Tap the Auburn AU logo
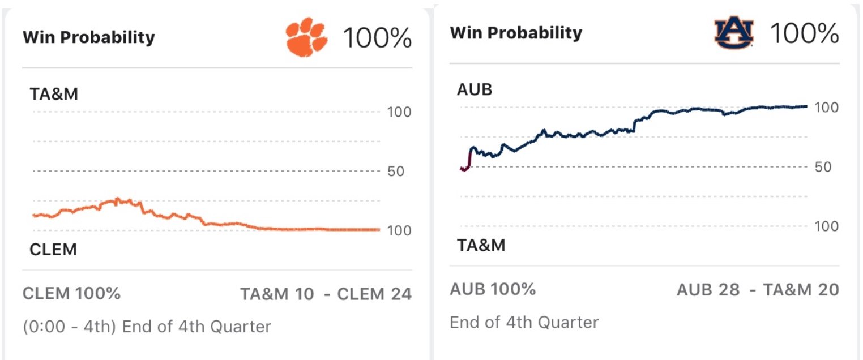tap(734, 34)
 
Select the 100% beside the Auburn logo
tap(804, 35)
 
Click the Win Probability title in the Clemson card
tap(88, 38)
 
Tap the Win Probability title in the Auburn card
tap(516, 33)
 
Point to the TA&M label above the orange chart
tap(54, 94)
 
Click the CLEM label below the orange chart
tap(53, 250)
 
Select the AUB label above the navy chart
tap(475, 89)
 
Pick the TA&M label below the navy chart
tap(481, 245)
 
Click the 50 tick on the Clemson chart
tap(395, 171)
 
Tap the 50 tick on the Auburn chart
tap(822, 167)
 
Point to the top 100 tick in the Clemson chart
tap(399, 112)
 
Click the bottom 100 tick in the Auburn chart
tap(826, 226)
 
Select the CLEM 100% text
tap(71, 294)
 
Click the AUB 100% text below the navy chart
tap(493, 289)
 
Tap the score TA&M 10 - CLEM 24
tap(326, 294)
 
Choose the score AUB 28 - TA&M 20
tap(757, 290)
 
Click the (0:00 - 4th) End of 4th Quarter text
tap(147, 327)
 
